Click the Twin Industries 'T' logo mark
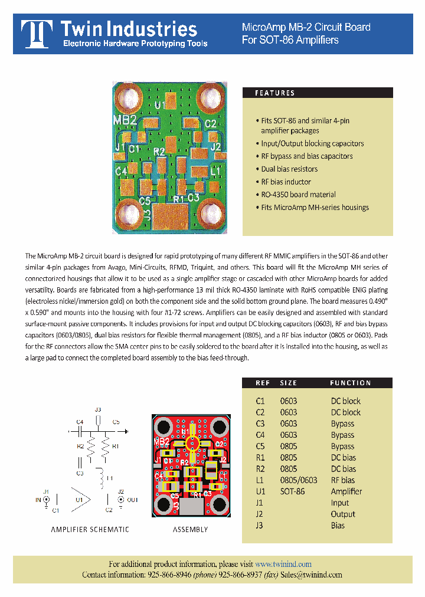[x=35, y=34]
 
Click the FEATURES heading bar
[x=318, y=93]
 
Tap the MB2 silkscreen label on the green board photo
[x=125, y=121]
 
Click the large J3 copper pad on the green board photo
[x=170, y=216]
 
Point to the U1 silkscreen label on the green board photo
[x=160, y=105]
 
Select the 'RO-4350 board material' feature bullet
[x=298, y=195]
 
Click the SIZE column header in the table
[x=289, y=383]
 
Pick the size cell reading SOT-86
[x=292, y=491]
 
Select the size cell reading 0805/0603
[x=298, y=480]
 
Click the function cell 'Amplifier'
[x=346, y=491]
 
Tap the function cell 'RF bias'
[x=343, y=480]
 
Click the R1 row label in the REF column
[x=260, y=458]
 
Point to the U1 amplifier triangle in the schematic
[x=83, y=499]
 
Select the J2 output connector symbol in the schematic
[x=120, y=500]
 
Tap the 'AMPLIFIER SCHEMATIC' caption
[x=90, y=530]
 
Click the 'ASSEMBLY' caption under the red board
[x=190, y=530]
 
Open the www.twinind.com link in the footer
[x=283, y=564]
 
